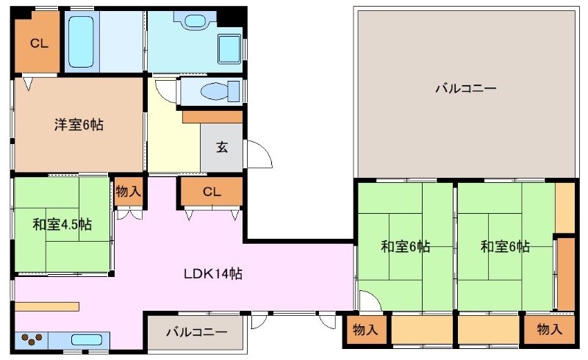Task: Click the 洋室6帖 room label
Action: click(78, 125)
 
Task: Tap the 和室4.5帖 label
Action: click(62, 224)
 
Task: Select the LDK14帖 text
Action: click(213, 274)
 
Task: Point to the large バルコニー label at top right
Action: click(465, 89)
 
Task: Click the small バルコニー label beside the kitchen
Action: click(196, 331)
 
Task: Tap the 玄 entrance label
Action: click(221, 146)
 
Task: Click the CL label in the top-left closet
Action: click(38, 44)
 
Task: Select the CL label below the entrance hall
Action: click(212, 192)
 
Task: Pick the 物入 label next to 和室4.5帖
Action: click(129, 192)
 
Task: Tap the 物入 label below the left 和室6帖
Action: click(365, 329)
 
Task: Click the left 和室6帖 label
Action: click(405, 247)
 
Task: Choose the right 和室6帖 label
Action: click(505, 247)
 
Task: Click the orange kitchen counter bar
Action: click(46, 306)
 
